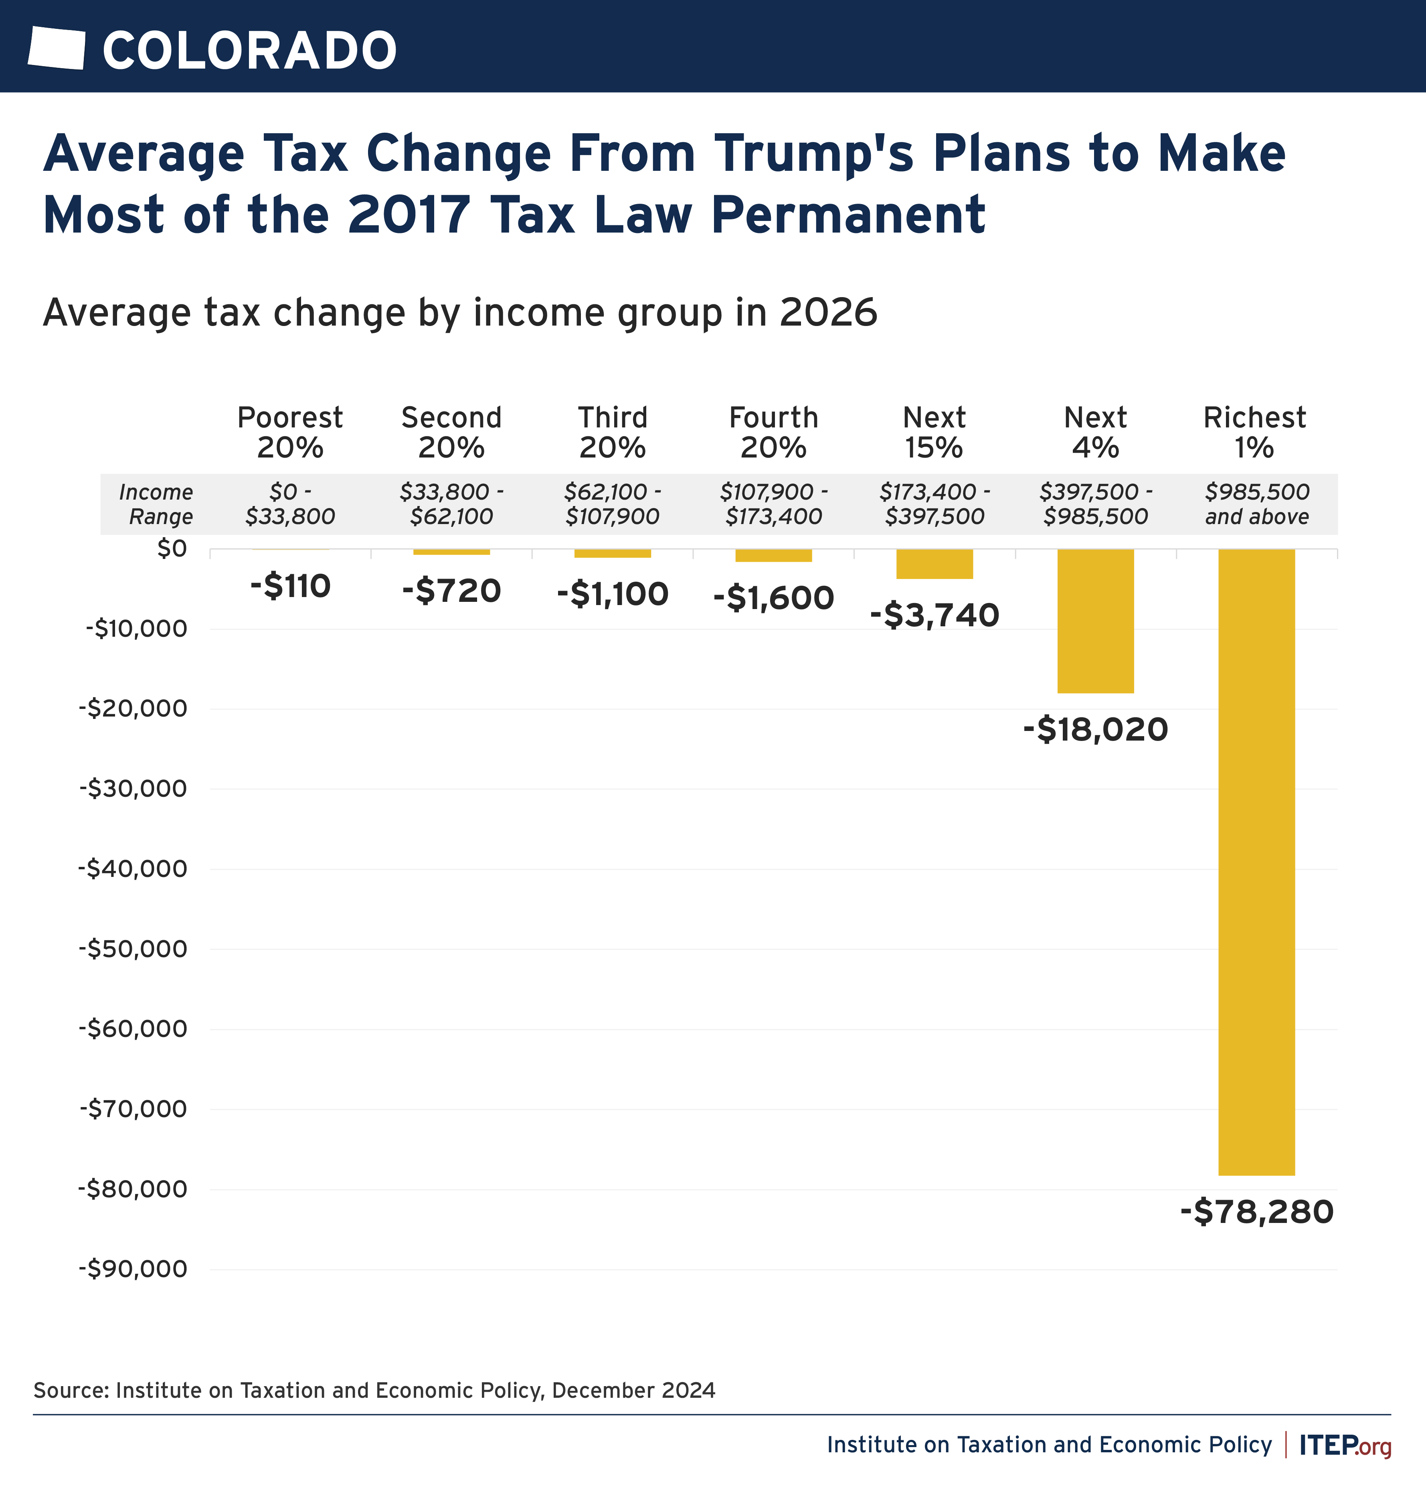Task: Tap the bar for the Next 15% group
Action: (934, 564)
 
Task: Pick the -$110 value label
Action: (290, 586)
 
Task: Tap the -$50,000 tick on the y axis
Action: (133, 949)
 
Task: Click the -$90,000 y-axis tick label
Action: (133, 1269)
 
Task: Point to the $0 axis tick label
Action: (172, 548)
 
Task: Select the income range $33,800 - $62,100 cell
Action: (451, 504)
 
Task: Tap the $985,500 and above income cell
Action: (1256, 504)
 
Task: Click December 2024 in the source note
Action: (633, 1391)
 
